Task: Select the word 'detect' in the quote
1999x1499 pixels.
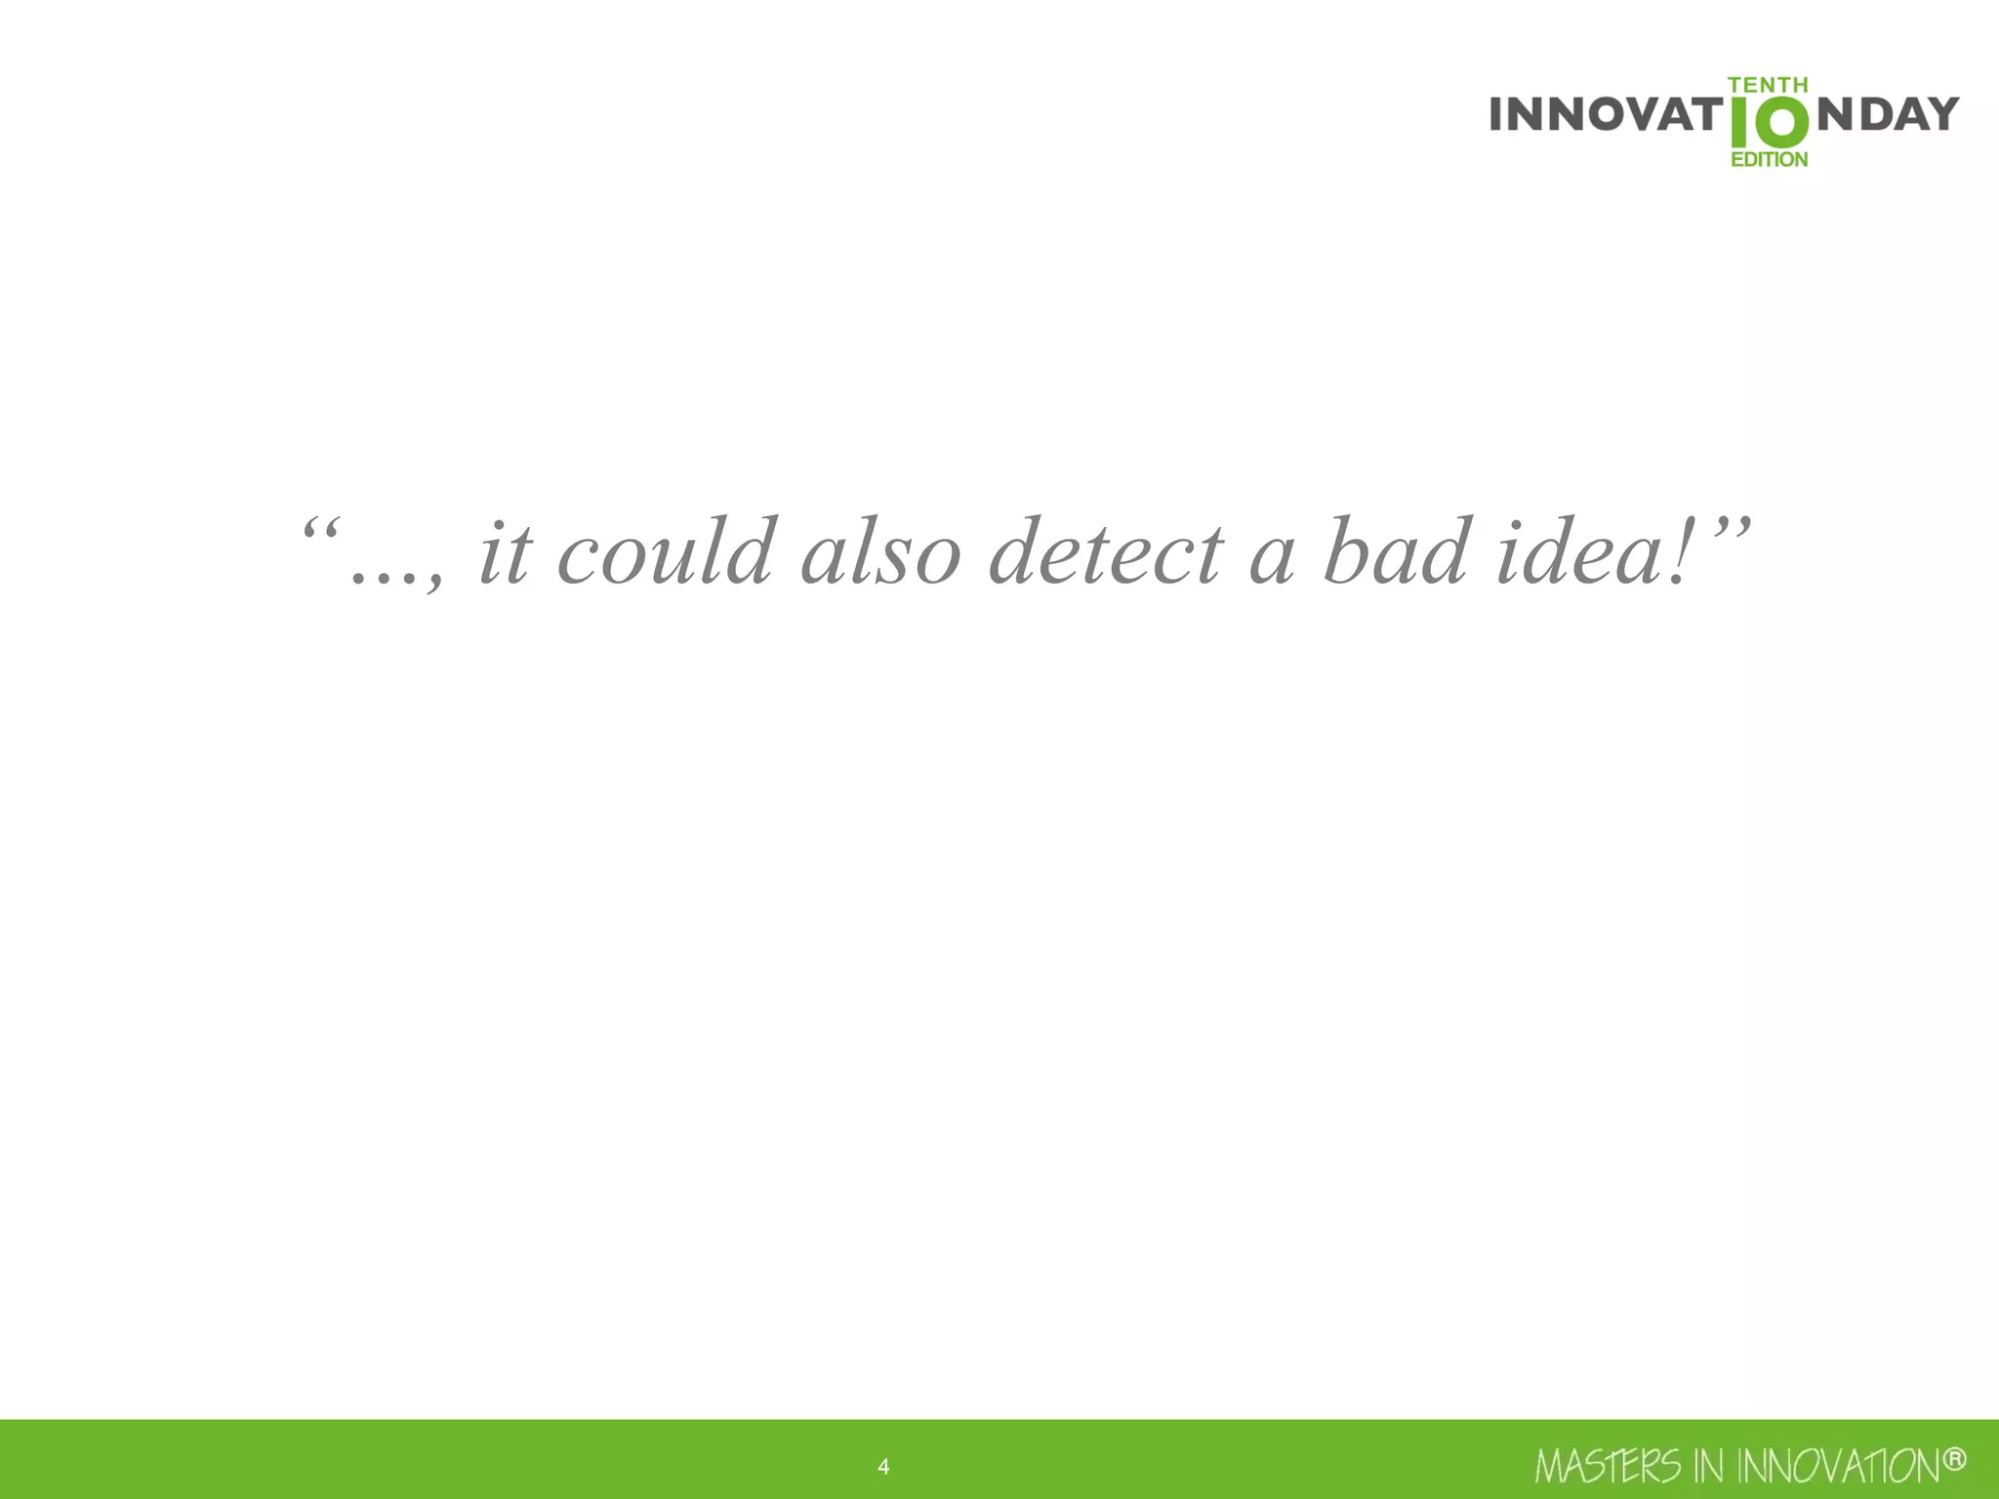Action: [1106, 553]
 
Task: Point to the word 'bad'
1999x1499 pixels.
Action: [1396, 553]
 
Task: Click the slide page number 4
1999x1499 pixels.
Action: [883, 1467]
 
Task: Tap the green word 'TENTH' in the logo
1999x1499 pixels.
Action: [1768, 86]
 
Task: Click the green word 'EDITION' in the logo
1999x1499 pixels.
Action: [1769, 159]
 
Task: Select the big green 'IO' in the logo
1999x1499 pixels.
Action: [1769, 123]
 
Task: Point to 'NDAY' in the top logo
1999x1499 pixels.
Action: [1888, 114]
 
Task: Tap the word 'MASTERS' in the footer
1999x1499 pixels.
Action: [1608, 1467]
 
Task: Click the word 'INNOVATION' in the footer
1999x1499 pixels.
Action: [1839, 1467]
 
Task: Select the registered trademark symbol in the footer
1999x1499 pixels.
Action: [1954, 1459]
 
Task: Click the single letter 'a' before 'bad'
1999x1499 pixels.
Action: [1272, 561]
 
